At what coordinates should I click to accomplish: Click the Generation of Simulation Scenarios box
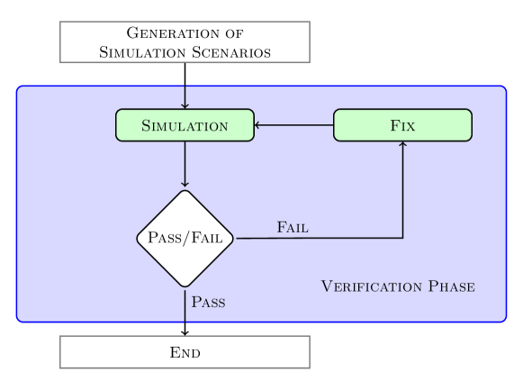coord(185,42)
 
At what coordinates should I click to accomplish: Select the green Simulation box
coord(185,125)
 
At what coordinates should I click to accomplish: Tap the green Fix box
coord(402,125)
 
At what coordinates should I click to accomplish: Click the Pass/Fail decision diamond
coord(185,239)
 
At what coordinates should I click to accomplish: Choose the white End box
coord(185,352)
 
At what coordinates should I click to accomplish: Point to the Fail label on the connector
coord(293,227)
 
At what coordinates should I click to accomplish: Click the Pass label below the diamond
coord(209,302)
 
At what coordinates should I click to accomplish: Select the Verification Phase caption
coord(398,286)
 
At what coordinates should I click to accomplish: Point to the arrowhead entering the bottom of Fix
coord(402,145)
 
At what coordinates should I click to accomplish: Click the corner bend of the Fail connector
coord(402,239)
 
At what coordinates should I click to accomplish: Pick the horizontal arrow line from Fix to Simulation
coord(295,125)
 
